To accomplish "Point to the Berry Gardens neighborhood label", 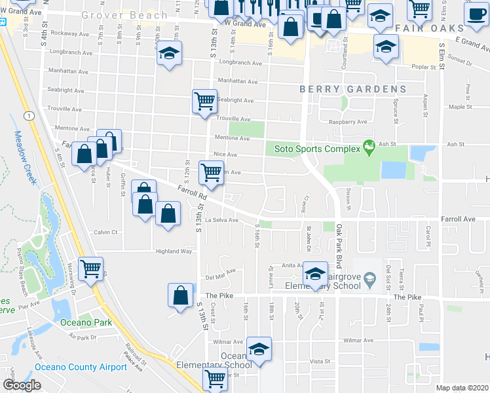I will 353,89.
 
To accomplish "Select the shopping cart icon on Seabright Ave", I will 204,102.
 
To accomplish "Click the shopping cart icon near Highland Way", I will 90,267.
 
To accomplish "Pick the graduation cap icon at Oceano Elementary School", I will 259,347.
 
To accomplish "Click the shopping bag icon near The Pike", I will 180,295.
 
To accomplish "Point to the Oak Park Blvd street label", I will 339,238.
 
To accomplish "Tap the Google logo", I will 22,384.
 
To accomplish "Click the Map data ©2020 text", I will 462,388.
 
